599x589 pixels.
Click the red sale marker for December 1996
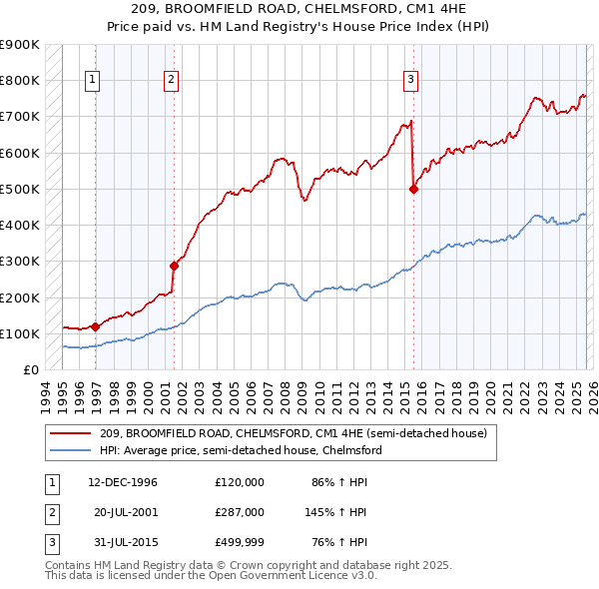pos(96,325)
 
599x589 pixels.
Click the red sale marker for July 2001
pos(174,266)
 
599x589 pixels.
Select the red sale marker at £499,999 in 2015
pos(413,189)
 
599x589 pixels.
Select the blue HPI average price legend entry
pos(241,450)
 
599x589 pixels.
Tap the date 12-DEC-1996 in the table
pos(123,482)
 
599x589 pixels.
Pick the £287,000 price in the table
pos(240,511)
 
